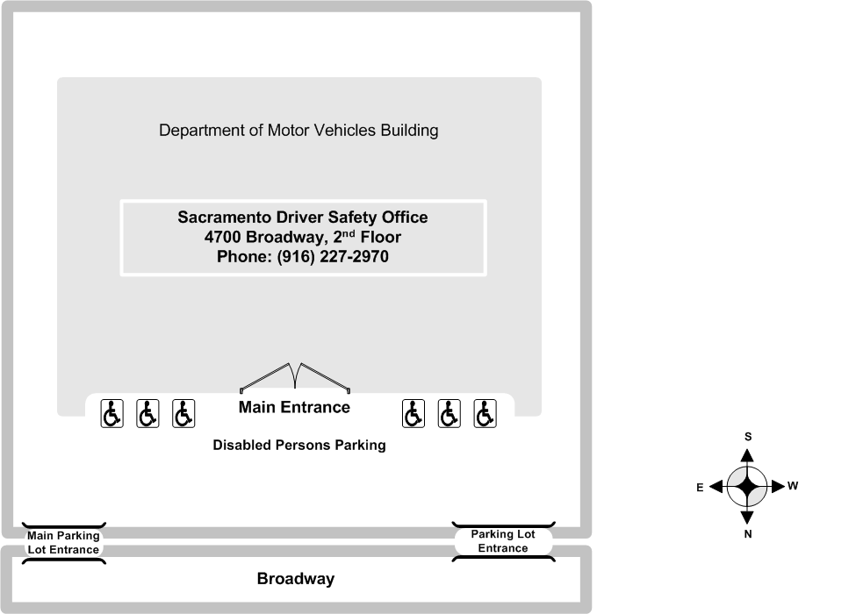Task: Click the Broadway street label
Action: pos(295,579)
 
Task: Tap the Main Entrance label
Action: pos(294,407)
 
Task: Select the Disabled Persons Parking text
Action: pos(298,445)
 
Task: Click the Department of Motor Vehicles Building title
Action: pos(298,131)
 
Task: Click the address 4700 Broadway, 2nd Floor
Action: pos(302,237)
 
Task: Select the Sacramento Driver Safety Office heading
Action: pos(302,217)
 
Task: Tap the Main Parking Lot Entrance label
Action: pos(63,543)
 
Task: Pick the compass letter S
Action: pos(748,436)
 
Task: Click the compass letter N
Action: pos(748,534)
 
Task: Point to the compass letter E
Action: pos(700,488)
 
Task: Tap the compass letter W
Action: pos(793,485)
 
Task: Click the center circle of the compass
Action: pos(747,486)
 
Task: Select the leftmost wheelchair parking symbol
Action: pos(111,413)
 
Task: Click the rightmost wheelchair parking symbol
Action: pos(485,413)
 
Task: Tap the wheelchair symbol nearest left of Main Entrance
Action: pos(183,413)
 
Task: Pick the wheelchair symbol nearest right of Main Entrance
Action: pos(414,413)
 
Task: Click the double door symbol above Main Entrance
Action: pos(296,376)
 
